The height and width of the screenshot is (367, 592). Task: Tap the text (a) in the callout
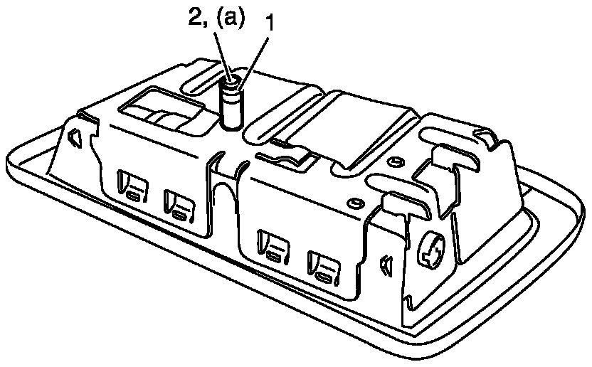pos(226,19)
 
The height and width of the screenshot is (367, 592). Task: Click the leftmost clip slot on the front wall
pos(132,191)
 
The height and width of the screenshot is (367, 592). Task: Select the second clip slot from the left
pos(178,206)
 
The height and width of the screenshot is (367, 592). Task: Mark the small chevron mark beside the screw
pos(386,265)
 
